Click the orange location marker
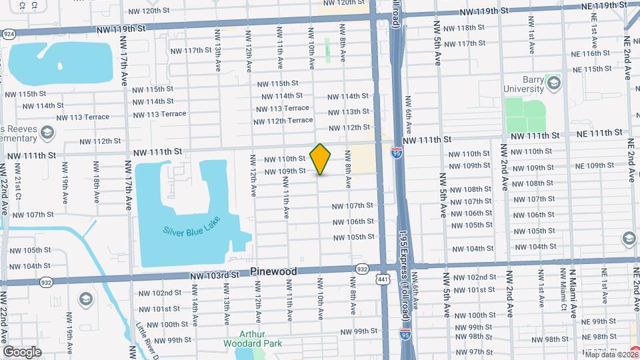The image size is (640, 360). [x=321, y=159]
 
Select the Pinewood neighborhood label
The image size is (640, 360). [x=273, y=272]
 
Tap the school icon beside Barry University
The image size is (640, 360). [x=553, y=82]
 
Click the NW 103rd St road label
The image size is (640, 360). [x=214, y=275]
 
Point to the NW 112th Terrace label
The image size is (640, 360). [x=283, y=121]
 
